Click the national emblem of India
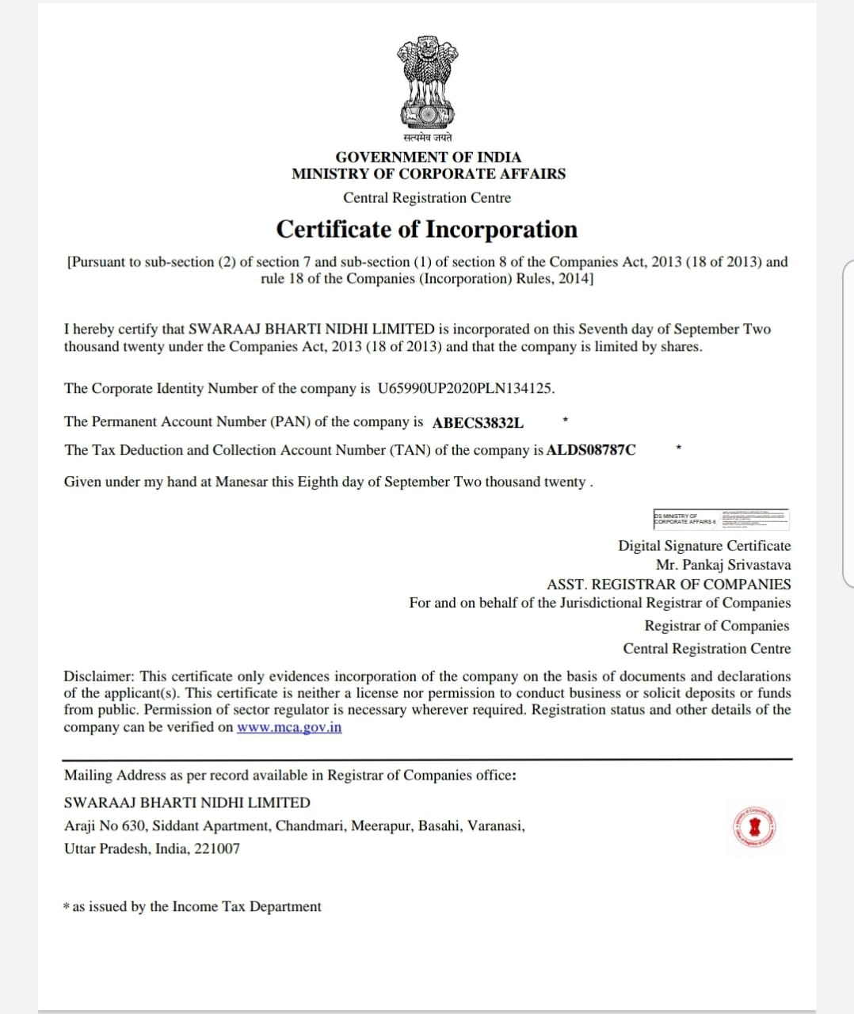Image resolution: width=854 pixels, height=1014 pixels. pos(428,82)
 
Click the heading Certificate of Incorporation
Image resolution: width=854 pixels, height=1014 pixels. pos(427,230)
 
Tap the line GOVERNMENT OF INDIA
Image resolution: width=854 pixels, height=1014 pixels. pos(428,157)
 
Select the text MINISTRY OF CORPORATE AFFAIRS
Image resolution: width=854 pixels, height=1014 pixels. pos(428,173)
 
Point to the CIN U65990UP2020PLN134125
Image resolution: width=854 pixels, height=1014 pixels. pos(465,388)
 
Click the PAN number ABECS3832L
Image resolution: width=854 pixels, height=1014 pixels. pos(478,422)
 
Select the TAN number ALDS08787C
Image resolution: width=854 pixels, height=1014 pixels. pos(591,450)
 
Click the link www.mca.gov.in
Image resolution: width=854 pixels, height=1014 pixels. pos(289,727)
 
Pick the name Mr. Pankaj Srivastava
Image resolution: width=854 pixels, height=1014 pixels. pos(722,565)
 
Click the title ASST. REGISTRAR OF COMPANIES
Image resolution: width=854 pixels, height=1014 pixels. pos(669,584)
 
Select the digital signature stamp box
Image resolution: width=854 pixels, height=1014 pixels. pos(721,519)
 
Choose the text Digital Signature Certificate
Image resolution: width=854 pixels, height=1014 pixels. pos(704,546)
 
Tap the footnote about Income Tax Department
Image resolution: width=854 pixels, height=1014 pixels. pos(193,906)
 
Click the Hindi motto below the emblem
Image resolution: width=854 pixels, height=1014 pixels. pos(427,138)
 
